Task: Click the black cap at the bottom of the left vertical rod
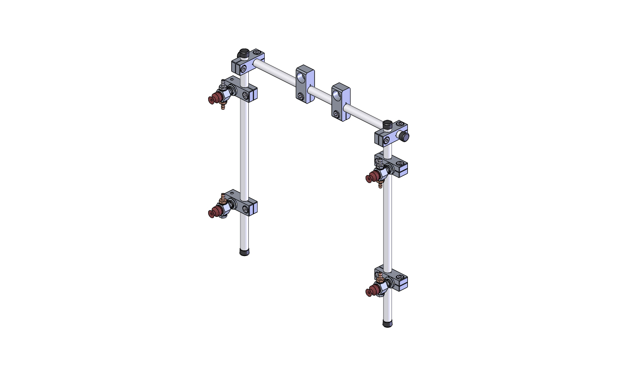[244, 252]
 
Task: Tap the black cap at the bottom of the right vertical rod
[387, 323]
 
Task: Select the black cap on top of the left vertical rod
[244, 53]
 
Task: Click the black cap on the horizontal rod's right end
[405, 137]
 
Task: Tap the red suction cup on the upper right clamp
[371, 177]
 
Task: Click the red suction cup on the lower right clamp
[371, 291]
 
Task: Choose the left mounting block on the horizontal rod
[305, 85]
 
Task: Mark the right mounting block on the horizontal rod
[341, 102]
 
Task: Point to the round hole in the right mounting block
[337, 94]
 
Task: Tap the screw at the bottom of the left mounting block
[300, 96]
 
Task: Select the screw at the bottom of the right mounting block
[337, 114]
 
